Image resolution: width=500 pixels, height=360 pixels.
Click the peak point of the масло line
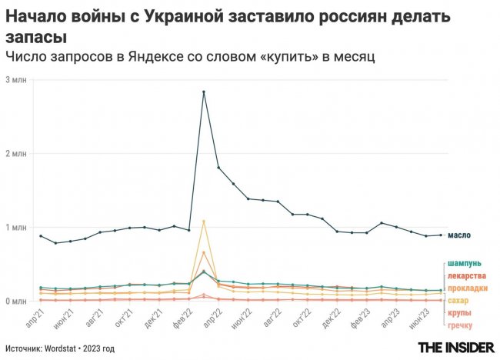[x=204, y=92]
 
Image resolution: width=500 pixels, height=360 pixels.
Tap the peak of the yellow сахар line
[x=204, y=222]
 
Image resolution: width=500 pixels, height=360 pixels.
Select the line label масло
[x=458, y=235]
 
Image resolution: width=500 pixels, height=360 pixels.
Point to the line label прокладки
[x=465, y=288]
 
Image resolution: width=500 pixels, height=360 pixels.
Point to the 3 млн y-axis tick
[x=16, y=80]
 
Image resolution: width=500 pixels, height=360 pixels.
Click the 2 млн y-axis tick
[x=16, y=154]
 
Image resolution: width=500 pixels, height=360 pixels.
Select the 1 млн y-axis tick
[x=16, y=228]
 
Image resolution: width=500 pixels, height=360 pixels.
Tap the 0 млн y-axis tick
[x=16, y=301]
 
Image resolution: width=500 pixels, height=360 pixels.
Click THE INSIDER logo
[x=456, y=348]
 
